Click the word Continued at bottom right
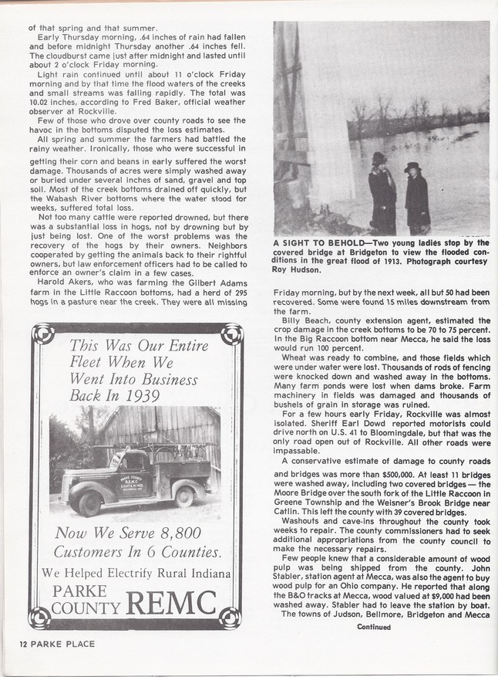coord(374,627)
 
